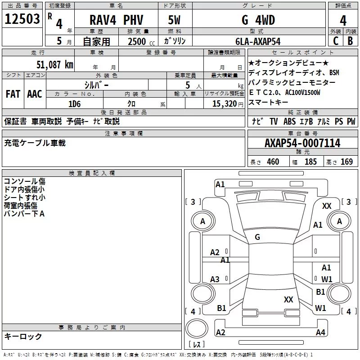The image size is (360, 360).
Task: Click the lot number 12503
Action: tap(22, 19)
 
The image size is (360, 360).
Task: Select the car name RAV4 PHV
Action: tap(116, 20)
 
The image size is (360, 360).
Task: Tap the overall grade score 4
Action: tap(343, 21)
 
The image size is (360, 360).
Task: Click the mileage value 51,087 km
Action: tap(55, 65)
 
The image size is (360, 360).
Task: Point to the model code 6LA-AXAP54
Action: tap(258, 41)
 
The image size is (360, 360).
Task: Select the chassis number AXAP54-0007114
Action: tap(302, 143)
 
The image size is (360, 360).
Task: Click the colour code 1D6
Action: tap(75, 104)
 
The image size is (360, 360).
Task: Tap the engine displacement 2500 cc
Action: tap(141, 41)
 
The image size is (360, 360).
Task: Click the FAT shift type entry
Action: tap(13, 94)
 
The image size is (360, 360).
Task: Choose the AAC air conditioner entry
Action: tap(35, 94)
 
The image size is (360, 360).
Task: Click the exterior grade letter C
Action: tap(336, 41)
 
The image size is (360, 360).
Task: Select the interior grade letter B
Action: tap(351, 41)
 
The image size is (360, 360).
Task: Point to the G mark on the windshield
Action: tap(257, 237)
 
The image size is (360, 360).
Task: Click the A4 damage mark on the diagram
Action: tap(320, 332)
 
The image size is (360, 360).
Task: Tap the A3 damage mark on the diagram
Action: tap(215, 279)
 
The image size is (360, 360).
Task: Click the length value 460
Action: tap(273, 162)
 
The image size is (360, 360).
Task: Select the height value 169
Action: tap(346, 162)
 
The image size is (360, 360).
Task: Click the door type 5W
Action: tap(174, 20)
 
